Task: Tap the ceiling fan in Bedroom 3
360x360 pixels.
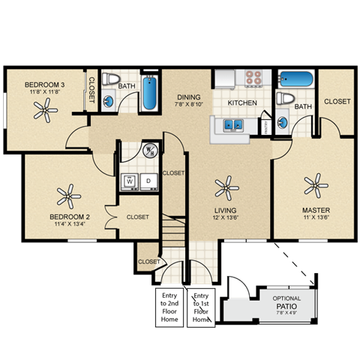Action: click(x=46, y=112)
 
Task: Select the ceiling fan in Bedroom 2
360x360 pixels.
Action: click(x=68, y=196)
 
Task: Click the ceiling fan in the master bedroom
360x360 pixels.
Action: click(x=316, y=182)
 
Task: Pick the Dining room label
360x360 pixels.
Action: click(x=188, y=97)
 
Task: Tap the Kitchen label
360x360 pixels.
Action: click(x=242, y=103)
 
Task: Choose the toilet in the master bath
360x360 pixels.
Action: click(x=284, y=98)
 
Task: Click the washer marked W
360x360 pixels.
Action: click(x=129, y=181)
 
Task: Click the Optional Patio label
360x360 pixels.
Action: click(x=287, y=302)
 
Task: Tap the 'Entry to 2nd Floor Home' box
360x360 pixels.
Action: click(x=169, y=307)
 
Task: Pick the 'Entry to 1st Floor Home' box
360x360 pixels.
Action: click(x=202, y=307)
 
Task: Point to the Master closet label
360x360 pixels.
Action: click(x=337, y=101)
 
